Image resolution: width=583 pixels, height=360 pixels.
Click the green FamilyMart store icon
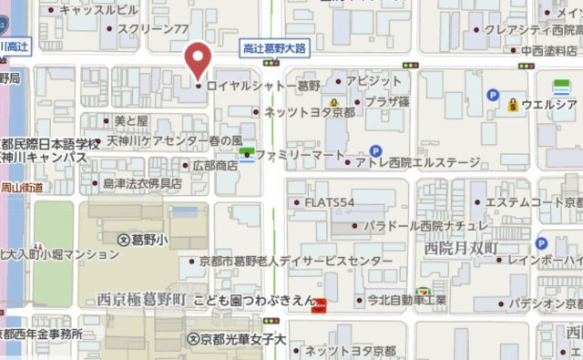246,156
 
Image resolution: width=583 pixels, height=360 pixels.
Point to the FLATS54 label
329,201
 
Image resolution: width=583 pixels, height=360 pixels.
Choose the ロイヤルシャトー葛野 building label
263,87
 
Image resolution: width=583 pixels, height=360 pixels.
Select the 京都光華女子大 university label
242,339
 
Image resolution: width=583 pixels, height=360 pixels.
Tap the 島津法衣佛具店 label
141,183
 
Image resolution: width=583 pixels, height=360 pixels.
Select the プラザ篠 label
387,101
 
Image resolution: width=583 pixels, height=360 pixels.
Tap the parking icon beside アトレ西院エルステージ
375,150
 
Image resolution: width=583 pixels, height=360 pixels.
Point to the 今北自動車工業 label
405,299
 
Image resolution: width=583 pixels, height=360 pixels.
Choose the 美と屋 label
130,120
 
